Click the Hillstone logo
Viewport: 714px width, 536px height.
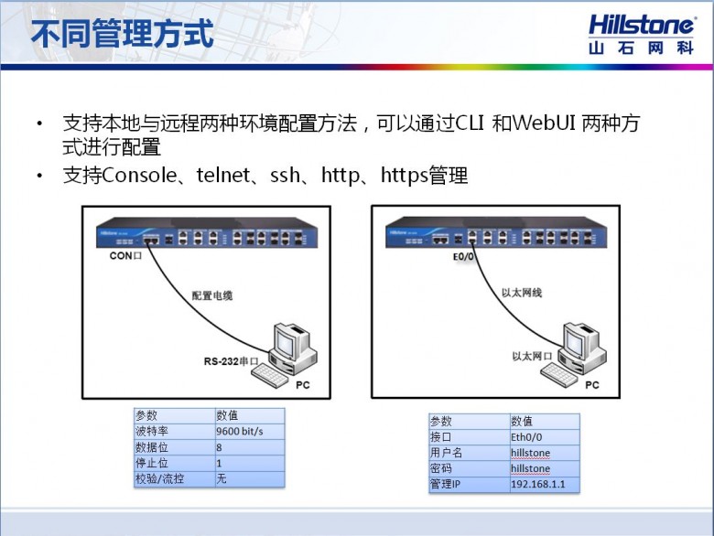coord(641,35)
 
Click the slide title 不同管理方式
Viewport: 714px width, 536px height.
coord(122,33)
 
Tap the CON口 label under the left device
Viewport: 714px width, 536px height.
coord(125,256)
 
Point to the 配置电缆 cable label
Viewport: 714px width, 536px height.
coord(212,295)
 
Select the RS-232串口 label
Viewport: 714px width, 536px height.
coord(231,361)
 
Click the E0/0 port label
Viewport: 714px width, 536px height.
coord(463,257)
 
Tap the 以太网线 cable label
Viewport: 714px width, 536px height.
coord(522,293)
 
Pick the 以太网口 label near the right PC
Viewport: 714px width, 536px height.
coord(532,357)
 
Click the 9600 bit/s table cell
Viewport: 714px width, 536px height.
coord(240,432)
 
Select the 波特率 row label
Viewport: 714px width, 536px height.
coord(152,432)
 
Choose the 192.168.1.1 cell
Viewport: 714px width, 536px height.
coord(537,484)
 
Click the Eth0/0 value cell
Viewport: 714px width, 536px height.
coord(526,437)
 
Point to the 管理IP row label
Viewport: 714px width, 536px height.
coord(446,484)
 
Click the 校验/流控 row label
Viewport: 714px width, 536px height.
coord(159,478)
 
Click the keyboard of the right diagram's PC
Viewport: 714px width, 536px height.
coord(559,374)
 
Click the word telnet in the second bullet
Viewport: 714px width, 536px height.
coord(223,176)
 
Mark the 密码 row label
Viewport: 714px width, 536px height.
coord(441,468)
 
